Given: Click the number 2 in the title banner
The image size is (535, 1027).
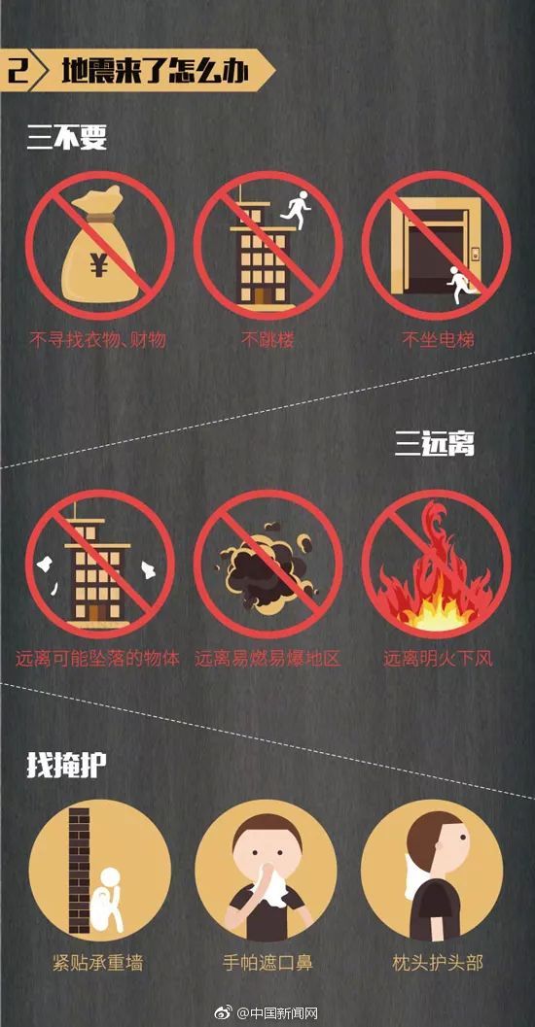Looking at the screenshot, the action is pos(18,71).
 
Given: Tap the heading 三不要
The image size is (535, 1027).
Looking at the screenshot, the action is pos(67,139).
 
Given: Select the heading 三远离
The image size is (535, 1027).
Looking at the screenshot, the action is pos(434,445).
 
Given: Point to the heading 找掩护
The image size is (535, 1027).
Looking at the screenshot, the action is pos(67,765).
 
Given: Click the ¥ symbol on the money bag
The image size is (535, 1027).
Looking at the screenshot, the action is pos(99,265).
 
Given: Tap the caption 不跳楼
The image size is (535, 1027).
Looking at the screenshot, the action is pos(267,340).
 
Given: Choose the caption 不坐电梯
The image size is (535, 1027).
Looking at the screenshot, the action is pos(438,340).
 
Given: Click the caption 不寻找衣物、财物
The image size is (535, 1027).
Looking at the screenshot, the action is pos(97,340).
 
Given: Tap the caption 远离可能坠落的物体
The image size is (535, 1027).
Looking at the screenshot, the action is pos(97,658).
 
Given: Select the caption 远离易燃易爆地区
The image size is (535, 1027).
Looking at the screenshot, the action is pos(267,658).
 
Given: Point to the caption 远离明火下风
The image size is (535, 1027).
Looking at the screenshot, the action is pos(438,658).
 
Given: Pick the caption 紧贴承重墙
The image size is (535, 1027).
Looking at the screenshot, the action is pos(97,963).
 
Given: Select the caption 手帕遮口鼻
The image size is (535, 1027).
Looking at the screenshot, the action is pos(267,963).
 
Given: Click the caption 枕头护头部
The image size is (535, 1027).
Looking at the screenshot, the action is pos(438,963).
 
